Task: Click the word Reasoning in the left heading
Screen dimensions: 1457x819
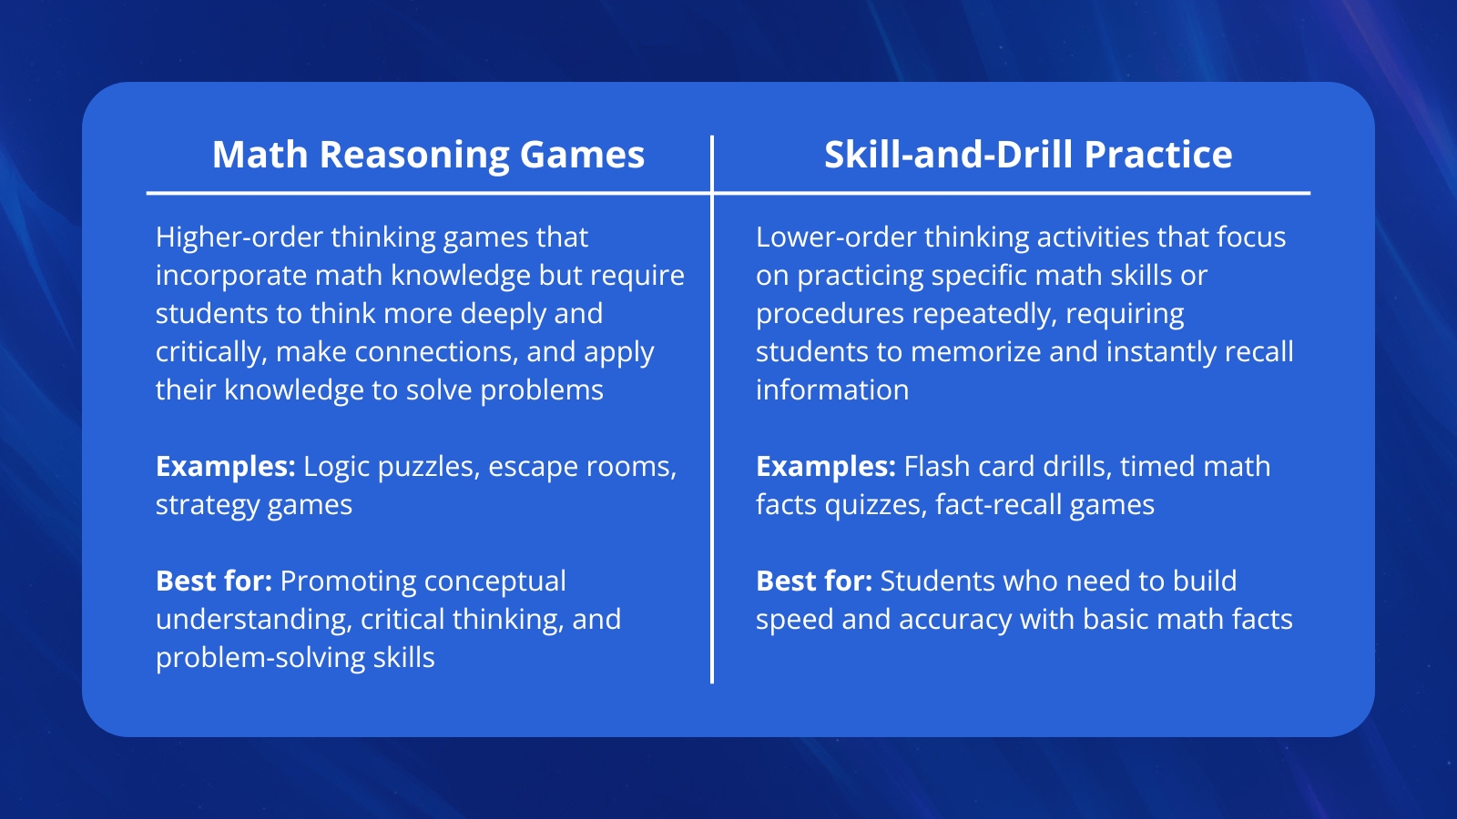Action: [x=414, y=157]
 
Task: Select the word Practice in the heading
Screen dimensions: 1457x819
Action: [x=1158, y=155]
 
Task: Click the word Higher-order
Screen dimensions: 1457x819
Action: [x=239, y=238]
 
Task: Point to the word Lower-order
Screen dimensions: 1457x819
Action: [x=836, y=238]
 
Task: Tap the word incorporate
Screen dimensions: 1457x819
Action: [x=231, y=277]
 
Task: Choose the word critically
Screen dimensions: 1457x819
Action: [x=212, y=352]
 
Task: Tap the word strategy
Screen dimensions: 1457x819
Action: [x=208, y=506]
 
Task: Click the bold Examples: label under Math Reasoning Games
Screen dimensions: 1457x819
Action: [x=226, y=468]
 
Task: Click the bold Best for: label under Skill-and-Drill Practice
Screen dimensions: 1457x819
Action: [x=814, y=581]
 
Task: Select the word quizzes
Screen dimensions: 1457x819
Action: [x=876, y=506]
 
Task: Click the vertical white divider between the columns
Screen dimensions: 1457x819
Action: [x=712, y=409]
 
